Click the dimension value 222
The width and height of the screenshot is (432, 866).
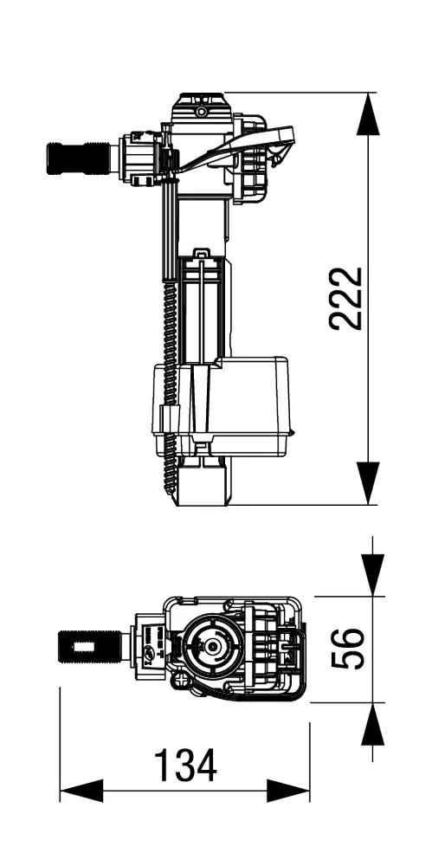[x=346, y=298]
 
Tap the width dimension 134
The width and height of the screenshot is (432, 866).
[x=184, y=766]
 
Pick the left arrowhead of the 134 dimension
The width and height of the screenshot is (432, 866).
[x=81, y=791]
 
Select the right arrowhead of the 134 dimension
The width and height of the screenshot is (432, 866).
[x=288, y=791]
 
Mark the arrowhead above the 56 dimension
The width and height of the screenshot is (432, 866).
[x=372, y=575]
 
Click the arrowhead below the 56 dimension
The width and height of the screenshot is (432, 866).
[x=372, y=723]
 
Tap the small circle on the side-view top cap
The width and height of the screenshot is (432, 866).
[x=201, y=112]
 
